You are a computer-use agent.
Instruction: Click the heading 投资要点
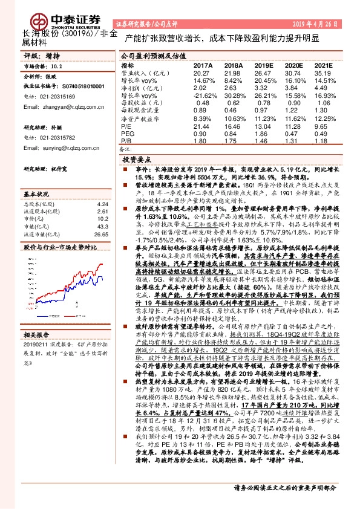pyautogui.click(x=137, y=160)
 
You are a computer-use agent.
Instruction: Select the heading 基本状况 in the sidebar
pyautogui.click(x=38, y=195)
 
